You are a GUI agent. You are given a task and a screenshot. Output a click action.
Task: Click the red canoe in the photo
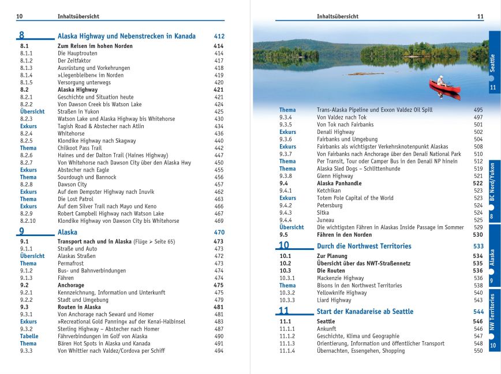444,87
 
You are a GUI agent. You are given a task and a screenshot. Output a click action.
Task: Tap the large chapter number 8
22,36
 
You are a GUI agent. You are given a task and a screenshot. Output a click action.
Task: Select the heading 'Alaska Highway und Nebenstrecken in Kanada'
126,36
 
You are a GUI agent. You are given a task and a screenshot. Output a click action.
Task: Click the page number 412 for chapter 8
219,36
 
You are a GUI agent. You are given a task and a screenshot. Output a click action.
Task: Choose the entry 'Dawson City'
72,185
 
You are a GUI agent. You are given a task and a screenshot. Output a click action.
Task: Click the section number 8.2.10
28,220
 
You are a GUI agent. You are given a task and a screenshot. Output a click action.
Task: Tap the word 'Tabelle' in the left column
29,336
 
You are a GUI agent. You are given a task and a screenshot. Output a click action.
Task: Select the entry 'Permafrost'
72,263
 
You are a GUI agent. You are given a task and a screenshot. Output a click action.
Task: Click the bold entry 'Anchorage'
71,285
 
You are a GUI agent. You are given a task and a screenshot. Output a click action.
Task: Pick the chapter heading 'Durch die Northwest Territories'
364,246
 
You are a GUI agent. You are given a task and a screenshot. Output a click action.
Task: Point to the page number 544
477,312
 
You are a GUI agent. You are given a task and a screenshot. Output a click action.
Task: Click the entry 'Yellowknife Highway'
342,293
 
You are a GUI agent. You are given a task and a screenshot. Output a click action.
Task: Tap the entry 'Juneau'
327,220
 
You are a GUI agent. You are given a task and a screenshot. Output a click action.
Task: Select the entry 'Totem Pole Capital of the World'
355,198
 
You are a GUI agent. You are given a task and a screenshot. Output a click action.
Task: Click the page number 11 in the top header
480,16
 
